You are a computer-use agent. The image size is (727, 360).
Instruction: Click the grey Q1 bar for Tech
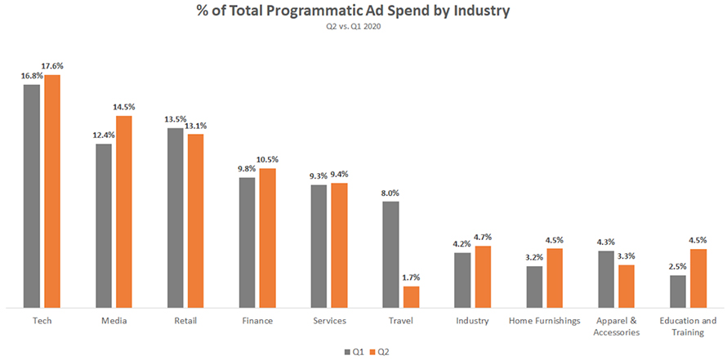click(32, 196)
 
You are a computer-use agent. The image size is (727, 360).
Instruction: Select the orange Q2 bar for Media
click(124, 211)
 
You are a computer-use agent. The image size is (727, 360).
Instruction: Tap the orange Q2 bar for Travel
click(411, 296)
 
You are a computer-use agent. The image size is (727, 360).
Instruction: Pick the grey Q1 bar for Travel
click(391, 254)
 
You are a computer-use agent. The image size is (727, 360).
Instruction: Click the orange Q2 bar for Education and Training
click(698, 278)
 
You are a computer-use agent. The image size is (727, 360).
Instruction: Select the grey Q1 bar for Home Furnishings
click(535, 287)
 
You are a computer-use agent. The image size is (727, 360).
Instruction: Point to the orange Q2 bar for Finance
click(268, 238)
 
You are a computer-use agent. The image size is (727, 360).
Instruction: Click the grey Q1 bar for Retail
click(176, 217)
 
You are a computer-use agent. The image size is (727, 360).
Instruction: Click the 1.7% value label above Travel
click(411, 278)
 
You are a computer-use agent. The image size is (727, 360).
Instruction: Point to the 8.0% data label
click(390, 193)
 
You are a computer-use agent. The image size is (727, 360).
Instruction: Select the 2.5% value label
click(677, 266)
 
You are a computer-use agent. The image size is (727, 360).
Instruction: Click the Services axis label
click(329, 321)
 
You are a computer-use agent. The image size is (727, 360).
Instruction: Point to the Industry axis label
click(472, 321)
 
